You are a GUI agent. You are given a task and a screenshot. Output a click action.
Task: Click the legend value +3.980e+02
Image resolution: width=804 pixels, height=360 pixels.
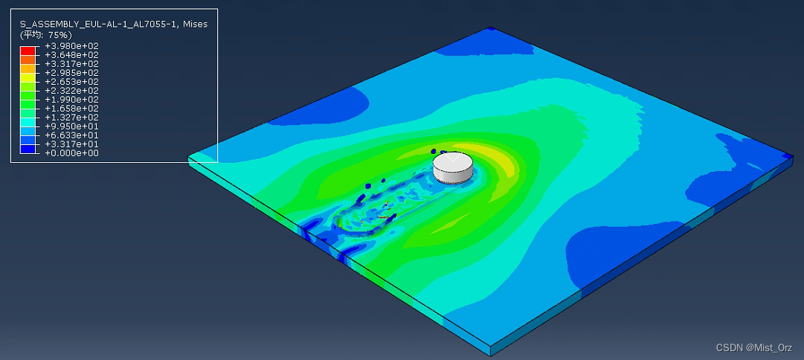click(72, 45)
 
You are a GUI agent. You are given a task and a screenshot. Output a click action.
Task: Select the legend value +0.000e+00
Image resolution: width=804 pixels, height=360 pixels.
click(72, 153)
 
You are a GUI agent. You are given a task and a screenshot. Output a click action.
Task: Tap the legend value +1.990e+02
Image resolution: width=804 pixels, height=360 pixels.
click(72, 100)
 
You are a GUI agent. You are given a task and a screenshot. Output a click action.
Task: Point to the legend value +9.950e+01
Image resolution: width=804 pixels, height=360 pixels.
click(72, 126)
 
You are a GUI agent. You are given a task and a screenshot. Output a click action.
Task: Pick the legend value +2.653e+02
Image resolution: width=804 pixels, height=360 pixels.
click(72, 82)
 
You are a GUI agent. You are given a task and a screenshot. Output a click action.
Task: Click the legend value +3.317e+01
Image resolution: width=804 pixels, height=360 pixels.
click(72, 144)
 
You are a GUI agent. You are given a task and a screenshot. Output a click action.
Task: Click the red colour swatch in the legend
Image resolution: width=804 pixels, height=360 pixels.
click(28, 51)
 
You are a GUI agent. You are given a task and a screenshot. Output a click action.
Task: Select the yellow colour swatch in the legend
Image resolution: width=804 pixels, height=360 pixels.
click(28, 77)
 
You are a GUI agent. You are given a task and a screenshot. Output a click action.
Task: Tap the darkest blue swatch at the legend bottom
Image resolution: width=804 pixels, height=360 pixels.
click(28, 149)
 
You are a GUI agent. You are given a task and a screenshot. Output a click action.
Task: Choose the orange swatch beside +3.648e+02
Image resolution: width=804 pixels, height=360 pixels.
click(28, 60)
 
